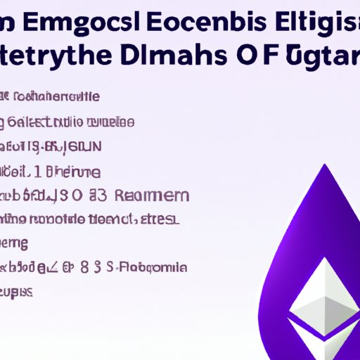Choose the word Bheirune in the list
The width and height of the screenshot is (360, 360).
tap(76, 171)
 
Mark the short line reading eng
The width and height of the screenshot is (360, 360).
tap(14, 243)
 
